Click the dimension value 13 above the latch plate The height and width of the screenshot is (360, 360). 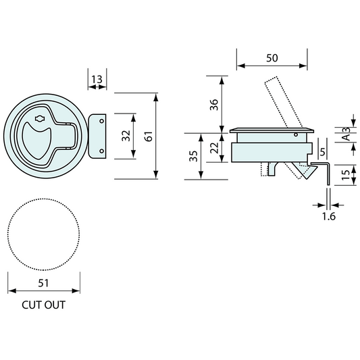(x=97, y=80)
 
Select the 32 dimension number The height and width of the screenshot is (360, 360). (x=126, y=136)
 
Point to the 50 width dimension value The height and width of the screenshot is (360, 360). (x=272, y=59)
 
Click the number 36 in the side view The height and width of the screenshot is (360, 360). (x=213, y=105)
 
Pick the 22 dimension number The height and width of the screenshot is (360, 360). (x=213, y=147)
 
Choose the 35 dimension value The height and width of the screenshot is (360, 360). (x=194, y=156)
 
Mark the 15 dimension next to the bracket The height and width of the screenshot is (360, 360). (x=346, y=174)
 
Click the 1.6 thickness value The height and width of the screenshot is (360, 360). (x=329, y=216)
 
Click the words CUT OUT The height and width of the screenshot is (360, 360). (x=43, y=305)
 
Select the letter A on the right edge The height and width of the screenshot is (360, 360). (x=346, y=138)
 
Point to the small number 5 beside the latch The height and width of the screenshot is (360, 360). (x=322, y=151)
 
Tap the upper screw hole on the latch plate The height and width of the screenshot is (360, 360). (x=102, y=122)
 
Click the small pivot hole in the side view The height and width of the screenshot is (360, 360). (x=297, y=135)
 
